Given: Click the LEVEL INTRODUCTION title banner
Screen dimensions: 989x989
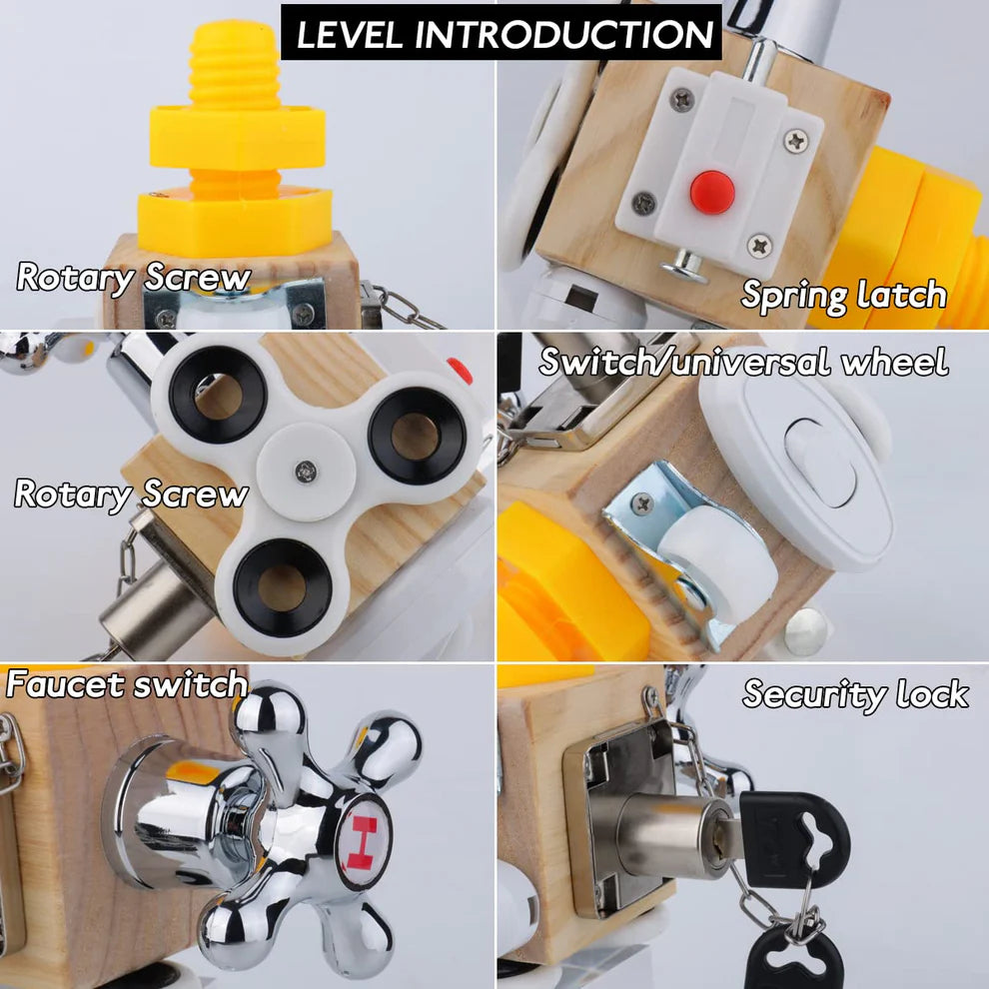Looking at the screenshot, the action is point(500,33).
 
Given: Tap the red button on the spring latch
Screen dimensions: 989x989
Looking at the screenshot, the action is point(712,192).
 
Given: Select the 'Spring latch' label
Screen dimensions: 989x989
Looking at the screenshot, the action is point(844,295).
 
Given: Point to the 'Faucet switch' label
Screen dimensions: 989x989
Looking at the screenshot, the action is point(127,684).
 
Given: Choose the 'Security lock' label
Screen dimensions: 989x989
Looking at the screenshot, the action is point(855,694).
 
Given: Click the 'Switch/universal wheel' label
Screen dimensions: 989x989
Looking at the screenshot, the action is point(743,362).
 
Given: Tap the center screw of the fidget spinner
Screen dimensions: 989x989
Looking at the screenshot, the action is point(306,470).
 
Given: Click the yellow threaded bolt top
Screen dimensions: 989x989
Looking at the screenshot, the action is point(235,64).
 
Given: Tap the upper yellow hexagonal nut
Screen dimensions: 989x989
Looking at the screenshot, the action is point(237,139).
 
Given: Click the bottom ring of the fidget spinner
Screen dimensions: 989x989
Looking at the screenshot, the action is point(282,587).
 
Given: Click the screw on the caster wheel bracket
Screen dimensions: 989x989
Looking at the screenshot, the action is point(642,503).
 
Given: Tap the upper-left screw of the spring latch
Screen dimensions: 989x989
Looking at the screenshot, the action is point(681,98).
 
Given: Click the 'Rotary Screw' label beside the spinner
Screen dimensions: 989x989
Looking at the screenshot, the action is point(131,494).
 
